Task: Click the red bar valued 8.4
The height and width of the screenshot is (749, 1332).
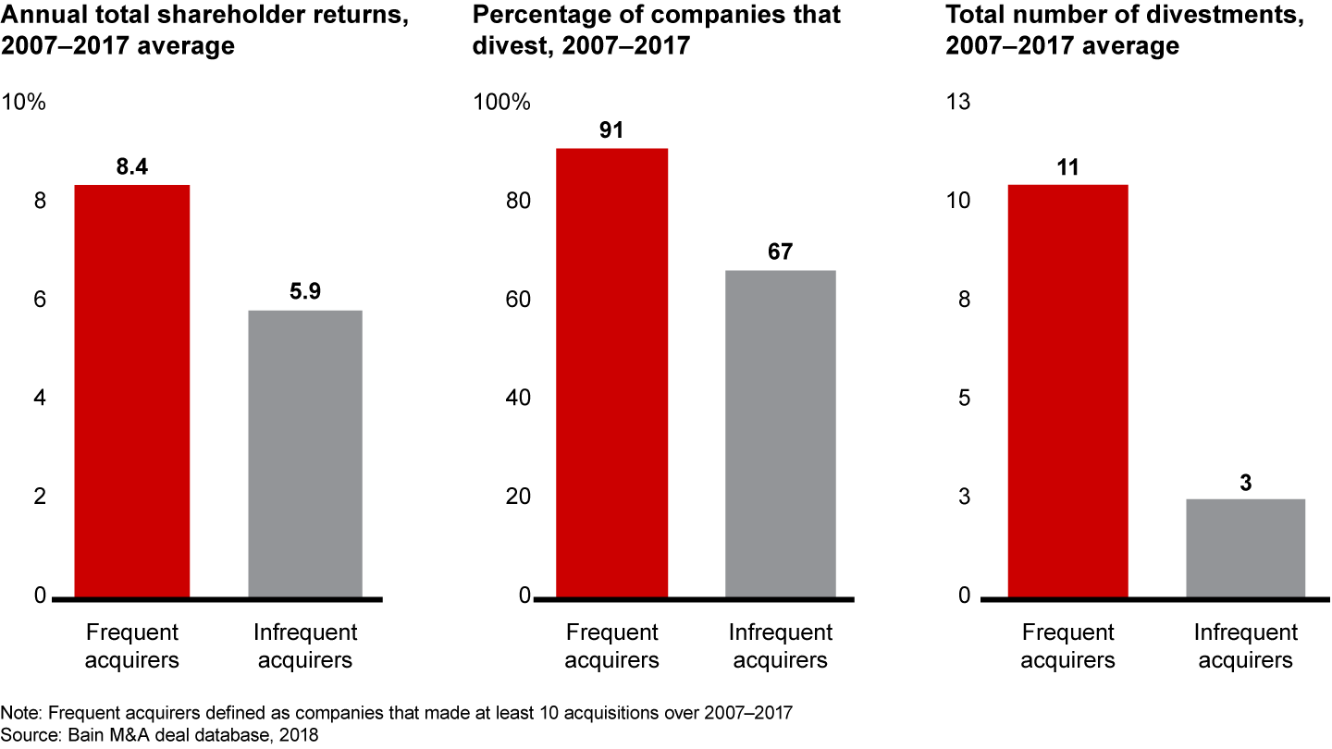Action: coord(132,391)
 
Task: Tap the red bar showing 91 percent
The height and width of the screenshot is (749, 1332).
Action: coord(611,373)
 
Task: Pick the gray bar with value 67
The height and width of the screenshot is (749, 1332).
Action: coord(780,434)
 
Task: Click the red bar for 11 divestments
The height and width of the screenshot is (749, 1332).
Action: coord(1068,391)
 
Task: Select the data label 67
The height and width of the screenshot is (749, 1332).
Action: coord(780,252)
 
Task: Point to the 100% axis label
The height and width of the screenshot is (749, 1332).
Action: coord(502,103)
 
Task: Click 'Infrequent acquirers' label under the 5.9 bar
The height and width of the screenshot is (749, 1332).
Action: coord(305,646)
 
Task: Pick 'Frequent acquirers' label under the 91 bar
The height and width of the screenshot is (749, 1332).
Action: coord(611,646)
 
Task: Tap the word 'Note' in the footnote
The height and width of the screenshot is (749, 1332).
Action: coord(18,715)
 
